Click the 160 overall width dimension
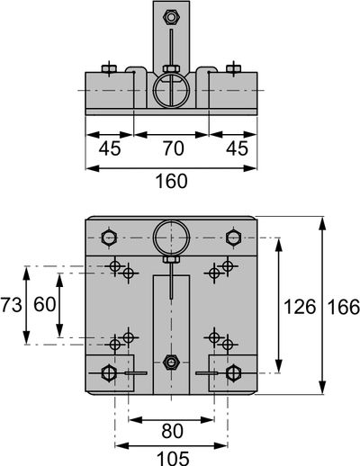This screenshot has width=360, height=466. click(172, 182)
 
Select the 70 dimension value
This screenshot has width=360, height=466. click(174, 148)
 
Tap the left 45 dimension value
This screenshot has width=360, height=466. click(110, 148)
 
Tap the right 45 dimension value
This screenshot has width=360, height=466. click(238, 148)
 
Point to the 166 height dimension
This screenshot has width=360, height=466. click(344, 307)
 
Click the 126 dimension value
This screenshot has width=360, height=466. click(300, 307)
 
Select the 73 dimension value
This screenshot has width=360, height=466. click(12, 305)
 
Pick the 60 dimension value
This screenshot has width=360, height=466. click(45, 304)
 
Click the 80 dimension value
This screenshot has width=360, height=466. click(172, 431)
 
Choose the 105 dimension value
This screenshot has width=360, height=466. click(173, 459)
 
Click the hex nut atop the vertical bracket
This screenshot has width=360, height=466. click(171, 17)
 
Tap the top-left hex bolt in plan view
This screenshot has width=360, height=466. click(109, 238)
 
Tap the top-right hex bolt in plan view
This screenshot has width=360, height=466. click(233, 238)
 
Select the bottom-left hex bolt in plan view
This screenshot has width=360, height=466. click(109, 373)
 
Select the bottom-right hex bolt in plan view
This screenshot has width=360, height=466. click(233, 373)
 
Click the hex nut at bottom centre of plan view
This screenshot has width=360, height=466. click(171, 363)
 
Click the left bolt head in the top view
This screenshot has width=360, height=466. click(109, 69)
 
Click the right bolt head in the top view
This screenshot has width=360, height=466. click(233, 69)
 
